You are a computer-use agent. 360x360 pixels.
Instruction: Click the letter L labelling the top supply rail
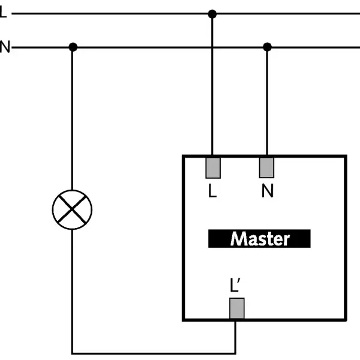point(3,13)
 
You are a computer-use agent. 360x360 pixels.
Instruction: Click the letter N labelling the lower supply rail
point(4,47)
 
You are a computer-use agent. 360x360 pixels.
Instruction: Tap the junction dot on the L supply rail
point(211,13)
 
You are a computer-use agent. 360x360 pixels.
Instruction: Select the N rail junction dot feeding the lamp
point(73,47)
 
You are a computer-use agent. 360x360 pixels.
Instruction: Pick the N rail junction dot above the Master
point(268,47)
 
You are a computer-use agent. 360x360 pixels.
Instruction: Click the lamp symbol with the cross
point(73,208)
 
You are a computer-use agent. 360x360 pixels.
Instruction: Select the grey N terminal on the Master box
point(267,167)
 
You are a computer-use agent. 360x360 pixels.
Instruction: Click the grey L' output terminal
point(236,309)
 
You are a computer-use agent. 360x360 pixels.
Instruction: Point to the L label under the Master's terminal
point(212,191)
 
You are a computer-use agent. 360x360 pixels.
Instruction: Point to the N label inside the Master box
point(268,191)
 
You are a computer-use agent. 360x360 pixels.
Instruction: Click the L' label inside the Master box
point(236,286)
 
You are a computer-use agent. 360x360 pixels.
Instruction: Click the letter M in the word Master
point(238,239)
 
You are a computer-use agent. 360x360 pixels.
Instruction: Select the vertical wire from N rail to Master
point(268,102)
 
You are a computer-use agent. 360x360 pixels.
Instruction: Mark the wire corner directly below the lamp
point(73,353)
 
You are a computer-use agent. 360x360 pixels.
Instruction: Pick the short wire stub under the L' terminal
point(235,336)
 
